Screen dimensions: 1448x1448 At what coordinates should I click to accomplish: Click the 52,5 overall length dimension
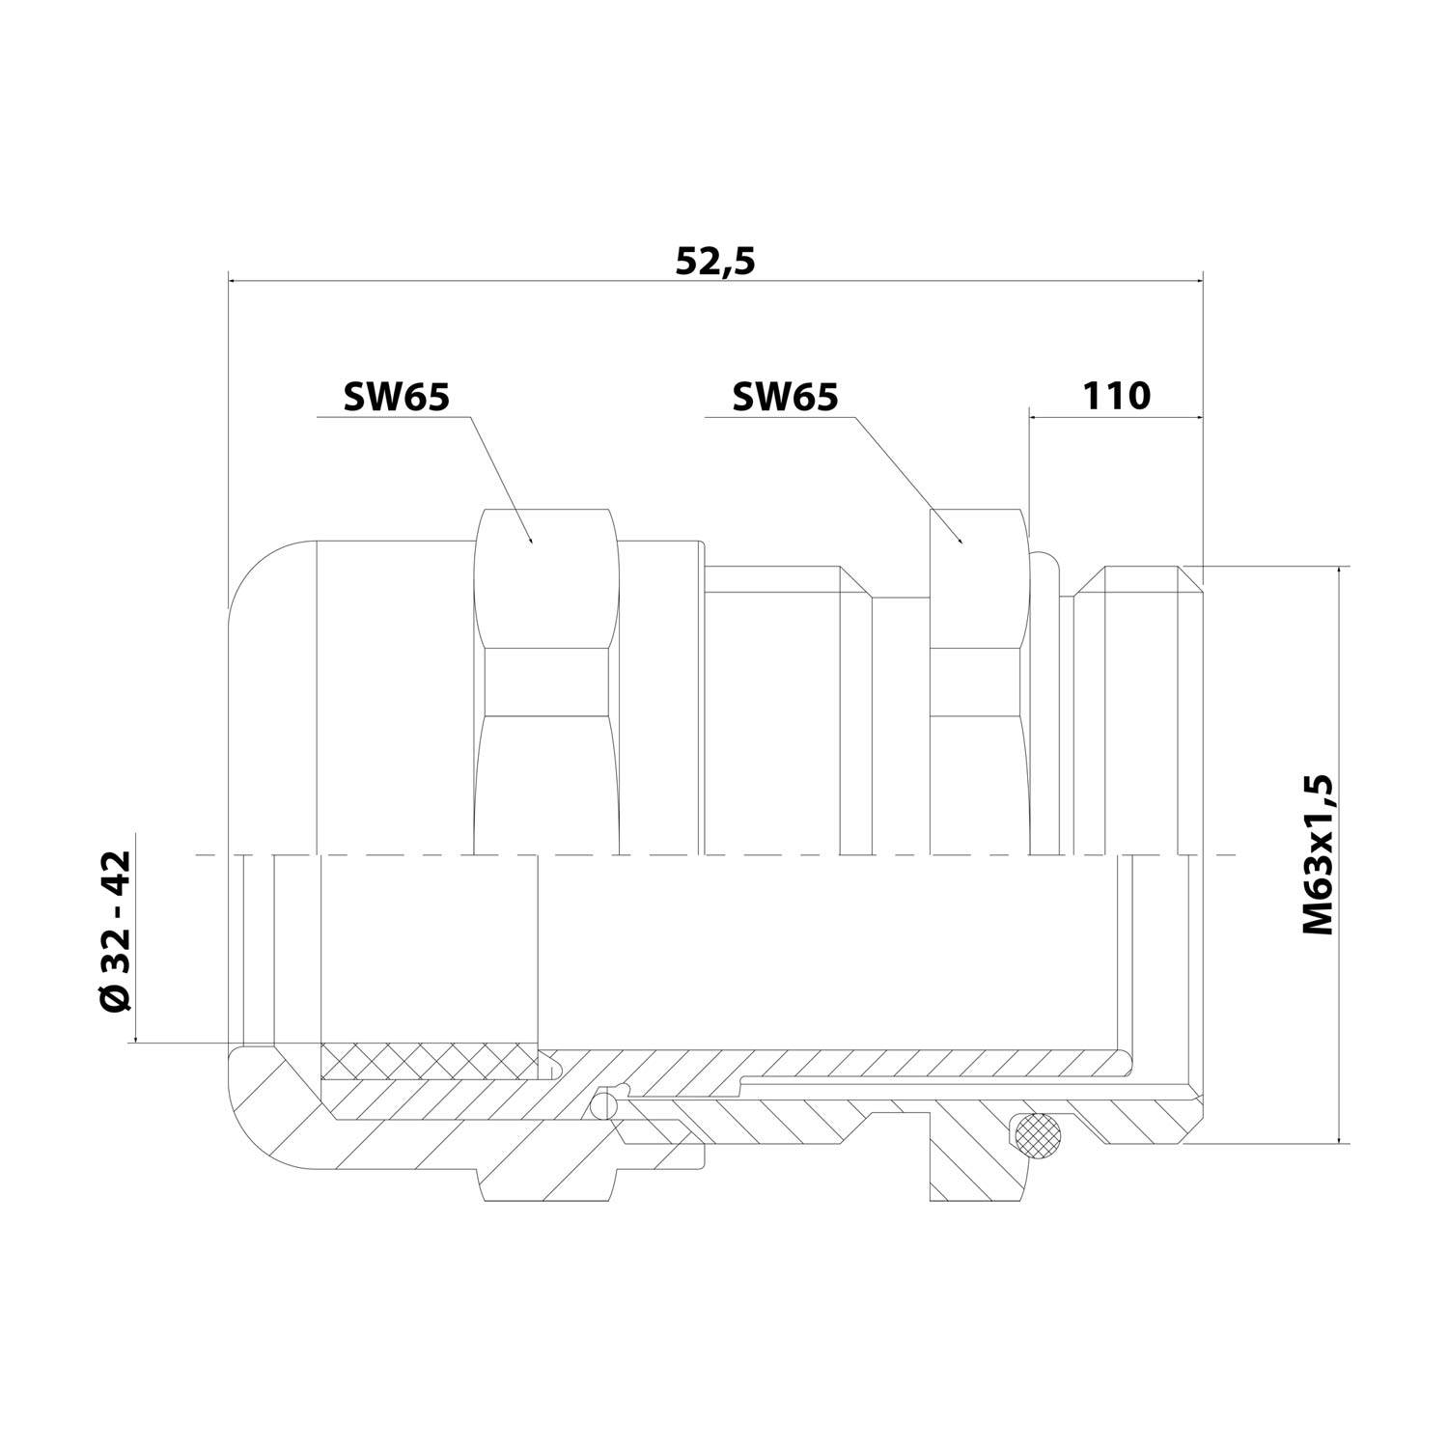[714, 262]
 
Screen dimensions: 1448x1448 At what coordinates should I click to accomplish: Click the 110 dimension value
[1116, 396]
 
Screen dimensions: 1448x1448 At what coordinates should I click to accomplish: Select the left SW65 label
[396, 397]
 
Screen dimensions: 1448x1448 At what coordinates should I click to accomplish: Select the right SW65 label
[785, 397]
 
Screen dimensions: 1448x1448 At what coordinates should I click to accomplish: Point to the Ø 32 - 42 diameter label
[116, 932]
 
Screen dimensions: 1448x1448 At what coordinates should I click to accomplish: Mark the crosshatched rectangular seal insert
[427, 1062]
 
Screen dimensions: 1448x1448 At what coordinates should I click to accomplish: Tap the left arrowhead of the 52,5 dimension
[235, 281]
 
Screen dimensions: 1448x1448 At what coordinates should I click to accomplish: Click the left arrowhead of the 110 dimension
[1035, 417]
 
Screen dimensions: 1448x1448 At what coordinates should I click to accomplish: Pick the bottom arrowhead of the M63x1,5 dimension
[1338, 1137]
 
